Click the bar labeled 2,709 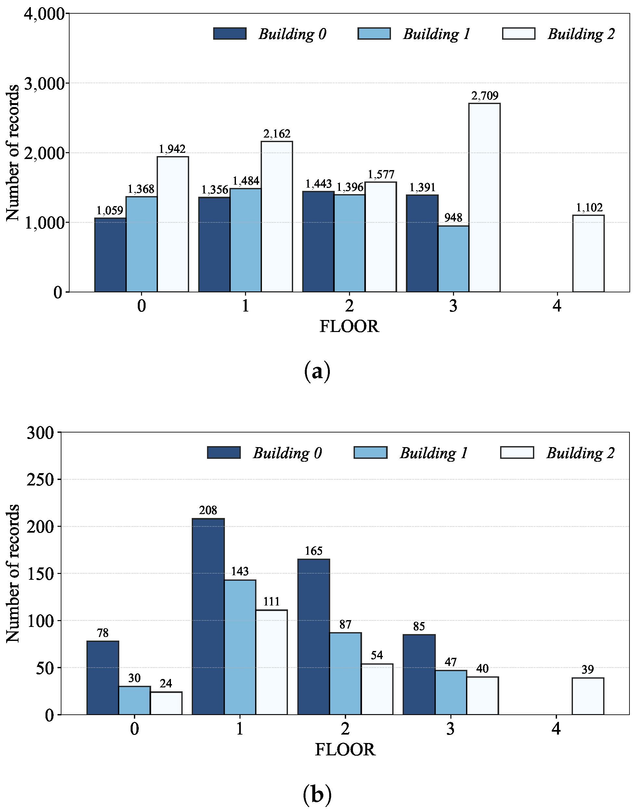484,197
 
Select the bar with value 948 453,259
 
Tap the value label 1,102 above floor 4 589,207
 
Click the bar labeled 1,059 110,255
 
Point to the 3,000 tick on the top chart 44,84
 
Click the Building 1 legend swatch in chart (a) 374,33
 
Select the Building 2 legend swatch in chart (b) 517,453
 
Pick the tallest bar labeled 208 208,616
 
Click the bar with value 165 313,637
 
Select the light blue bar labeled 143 240,647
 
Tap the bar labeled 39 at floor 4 588,696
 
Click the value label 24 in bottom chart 166,684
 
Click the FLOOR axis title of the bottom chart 345,750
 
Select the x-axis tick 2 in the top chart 349,306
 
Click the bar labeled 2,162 277,217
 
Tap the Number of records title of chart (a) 13,153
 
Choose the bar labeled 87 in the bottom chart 345,673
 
